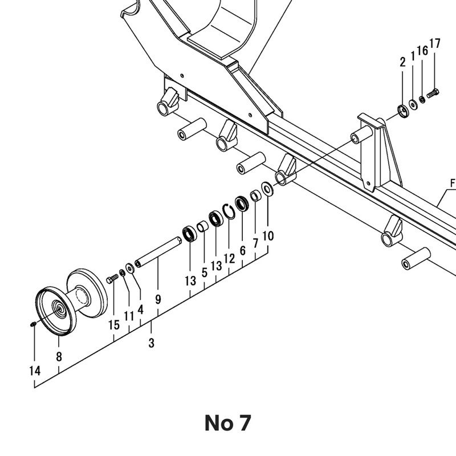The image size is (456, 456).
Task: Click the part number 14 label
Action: [x=35, y=371]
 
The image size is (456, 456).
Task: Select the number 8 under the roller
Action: [x=59, y=356]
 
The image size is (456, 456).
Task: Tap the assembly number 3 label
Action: [x=151, y=343]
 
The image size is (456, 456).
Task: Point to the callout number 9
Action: [x=158, y=299]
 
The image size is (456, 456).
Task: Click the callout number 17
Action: [x=435, y=44]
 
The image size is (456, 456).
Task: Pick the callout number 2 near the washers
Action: [x=402, y=62]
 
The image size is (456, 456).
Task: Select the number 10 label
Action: [x=268, y=236]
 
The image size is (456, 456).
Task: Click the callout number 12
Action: [x=229, y=258]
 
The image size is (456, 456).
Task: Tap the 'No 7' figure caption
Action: [x=227, y=423]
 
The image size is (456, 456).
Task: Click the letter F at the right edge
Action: [x=452, y=183]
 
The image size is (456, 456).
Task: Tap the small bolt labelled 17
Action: [x=433, y=93]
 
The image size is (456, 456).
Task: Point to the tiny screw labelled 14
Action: [x=33, y=324]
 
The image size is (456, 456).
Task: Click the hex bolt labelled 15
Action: [x=112, y=278]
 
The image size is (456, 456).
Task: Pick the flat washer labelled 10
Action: [x=267, y=189]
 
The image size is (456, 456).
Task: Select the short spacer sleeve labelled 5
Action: [x=203, y=226]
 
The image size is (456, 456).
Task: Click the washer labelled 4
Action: [x=130, y=268]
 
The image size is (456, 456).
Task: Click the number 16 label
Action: [x=422, y=51]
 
